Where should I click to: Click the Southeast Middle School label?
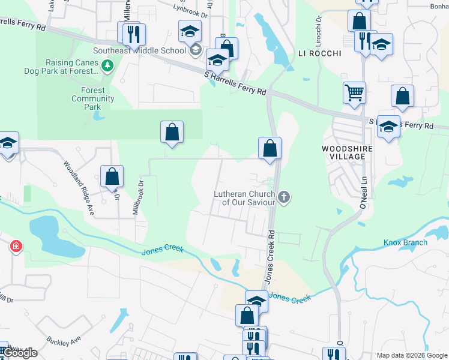139,50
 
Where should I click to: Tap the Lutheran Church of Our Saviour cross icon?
284,196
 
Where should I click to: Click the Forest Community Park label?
93,98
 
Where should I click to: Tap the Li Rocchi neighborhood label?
320,53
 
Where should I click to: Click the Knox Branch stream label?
406,242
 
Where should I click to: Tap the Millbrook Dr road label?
137,198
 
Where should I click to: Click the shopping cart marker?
355,93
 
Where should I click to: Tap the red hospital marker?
16,246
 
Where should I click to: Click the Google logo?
20,353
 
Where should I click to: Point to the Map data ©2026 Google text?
412,355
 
